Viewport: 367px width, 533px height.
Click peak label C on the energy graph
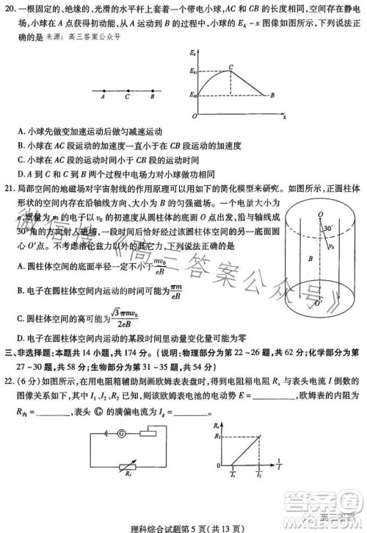(x=231, y=65)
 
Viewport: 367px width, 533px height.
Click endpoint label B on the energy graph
(x=272, y=95)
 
